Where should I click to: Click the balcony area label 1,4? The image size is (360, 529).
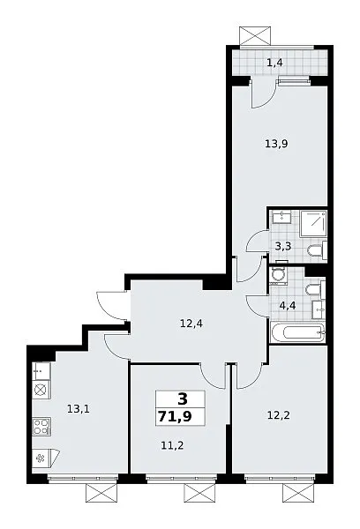pyautogui.click(x=274, y=63)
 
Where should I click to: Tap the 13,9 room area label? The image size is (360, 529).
pyautogui.click(x=276, y=145)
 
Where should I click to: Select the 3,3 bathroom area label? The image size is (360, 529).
pyautogui.click(x=283, y=246)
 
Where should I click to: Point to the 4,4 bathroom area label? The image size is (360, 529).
pyautogui.click(x=288, y=306)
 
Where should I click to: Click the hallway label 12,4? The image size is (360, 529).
pyautogui.click(x=191, y=324)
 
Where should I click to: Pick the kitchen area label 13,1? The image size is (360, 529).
pyautogui.click(x=79, y=409)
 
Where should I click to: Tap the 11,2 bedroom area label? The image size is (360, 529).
pyautogui.click(x=172, y=445)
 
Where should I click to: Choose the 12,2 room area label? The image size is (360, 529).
pyautogui.click(x=279, y=415)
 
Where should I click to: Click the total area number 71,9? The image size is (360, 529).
pyautogui.click(x=175, y=417)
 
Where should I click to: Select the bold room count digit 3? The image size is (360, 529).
pyautogui.click(x=182, y=399)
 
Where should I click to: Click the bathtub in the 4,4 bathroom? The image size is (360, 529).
pyautogui.click(x=297, y=332)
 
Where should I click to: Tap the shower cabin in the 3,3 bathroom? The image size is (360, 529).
pyautogui.click(x=313, y=223)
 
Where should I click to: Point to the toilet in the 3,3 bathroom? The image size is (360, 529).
pyautogui.click(x=317, y=250)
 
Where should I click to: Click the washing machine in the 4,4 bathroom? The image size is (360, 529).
pyautogui.click(x=279, y=276)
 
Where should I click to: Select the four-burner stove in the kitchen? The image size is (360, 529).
pyautogui.click(x=41, y=426)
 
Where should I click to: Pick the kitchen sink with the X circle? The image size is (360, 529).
pyautogui.click(x=41, y=390)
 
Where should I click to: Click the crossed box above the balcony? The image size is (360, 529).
pyautogui.click(x=255, y=35)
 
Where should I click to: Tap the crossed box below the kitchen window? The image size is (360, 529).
pyautogui.click(x=101, y=493)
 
